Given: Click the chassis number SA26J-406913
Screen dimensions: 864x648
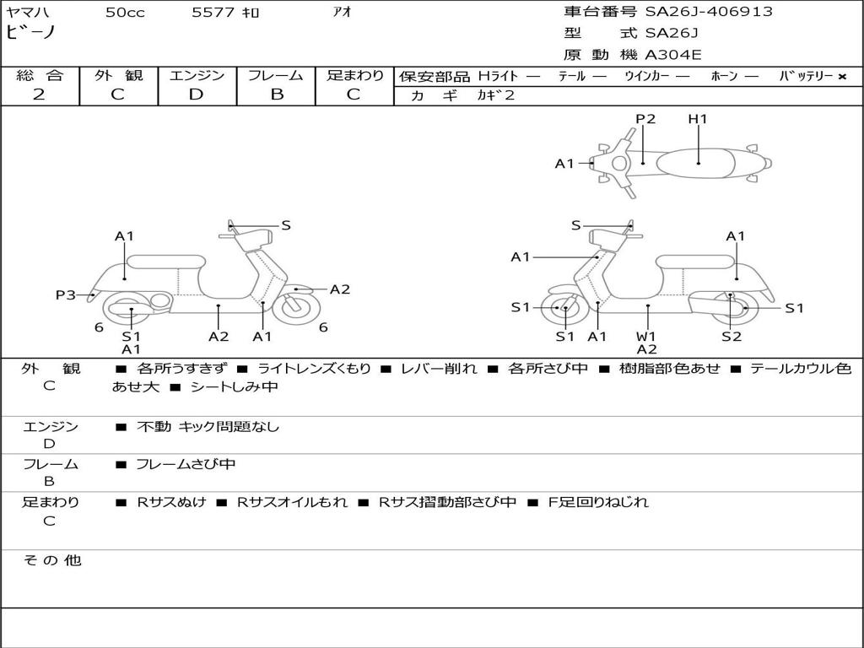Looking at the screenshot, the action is coord(709,11).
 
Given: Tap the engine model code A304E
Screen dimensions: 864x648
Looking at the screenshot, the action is coord(672,55).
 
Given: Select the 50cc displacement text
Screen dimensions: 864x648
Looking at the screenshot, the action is coord(125,13).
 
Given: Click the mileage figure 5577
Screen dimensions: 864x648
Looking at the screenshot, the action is coord(213,12).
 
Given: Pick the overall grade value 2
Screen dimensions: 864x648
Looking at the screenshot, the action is coord(39,94).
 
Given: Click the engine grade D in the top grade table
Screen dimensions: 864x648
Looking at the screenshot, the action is coord(196,94).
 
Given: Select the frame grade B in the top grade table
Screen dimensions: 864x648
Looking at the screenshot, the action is coord(277,94).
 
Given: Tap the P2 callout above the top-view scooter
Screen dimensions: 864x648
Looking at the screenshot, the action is coord(645,119).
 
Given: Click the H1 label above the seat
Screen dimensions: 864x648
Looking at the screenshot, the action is coord(698,119).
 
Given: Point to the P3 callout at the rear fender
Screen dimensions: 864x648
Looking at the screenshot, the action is coord(66,294).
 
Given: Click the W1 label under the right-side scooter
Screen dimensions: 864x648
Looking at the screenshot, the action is coord(646,336).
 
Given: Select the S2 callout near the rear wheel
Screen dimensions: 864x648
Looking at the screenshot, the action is coord(732,336).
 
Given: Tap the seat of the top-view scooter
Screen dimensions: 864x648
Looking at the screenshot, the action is coord(695,164).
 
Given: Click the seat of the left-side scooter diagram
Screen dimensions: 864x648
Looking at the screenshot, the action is coord(166,262).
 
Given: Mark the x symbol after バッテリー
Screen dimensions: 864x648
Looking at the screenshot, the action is coord(842,77).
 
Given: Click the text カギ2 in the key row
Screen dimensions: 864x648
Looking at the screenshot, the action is coord(495,95).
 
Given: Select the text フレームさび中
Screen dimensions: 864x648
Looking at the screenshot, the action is coord(186,464).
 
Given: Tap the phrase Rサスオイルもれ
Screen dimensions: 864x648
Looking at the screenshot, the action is coord(292,502).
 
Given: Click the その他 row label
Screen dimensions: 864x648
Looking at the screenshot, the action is coord(51,560).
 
